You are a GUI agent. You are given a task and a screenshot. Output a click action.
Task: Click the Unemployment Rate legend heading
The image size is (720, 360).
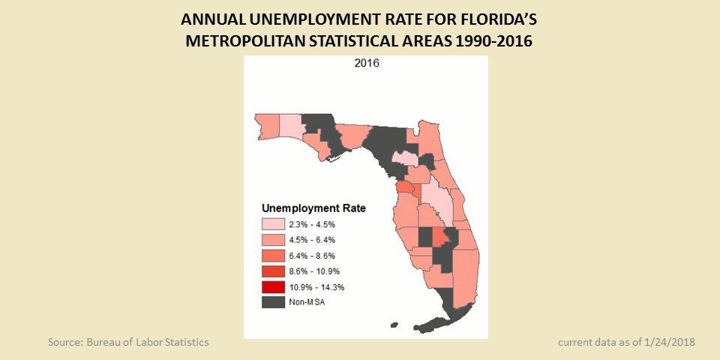coord(313,208)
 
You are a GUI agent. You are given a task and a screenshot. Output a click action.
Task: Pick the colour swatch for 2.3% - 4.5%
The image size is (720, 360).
coord(273,224)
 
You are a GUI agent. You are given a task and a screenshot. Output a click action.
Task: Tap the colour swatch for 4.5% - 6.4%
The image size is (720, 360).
coord(273,240)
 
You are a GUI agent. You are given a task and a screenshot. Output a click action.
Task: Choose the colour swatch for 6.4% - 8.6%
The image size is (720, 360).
coord(273,256)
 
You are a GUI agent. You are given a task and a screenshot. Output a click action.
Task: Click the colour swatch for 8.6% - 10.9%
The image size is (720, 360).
coord(273,271)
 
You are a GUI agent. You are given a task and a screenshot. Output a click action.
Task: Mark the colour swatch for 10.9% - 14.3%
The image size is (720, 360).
coord(273,287)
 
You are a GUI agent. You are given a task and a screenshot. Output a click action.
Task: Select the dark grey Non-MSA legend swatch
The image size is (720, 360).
coord(273,303)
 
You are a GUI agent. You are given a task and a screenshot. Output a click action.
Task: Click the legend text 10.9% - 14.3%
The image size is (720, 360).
coord(317,287)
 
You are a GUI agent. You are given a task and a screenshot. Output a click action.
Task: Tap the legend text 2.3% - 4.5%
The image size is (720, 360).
coord(314,224)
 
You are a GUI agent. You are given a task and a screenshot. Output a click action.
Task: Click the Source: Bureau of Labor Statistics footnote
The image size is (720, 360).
coord(128,342)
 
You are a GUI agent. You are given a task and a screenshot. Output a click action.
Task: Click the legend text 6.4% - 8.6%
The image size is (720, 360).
coord(314,256)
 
